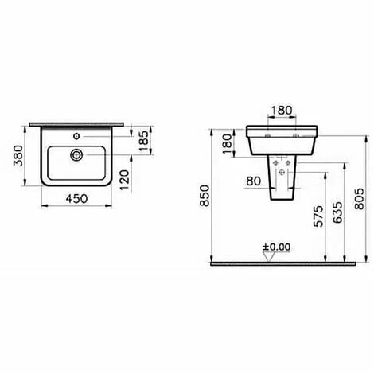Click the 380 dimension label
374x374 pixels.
click(x=19, y=156)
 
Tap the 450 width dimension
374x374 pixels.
click(x=76, y=199)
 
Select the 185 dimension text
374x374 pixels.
click(x=144, y=141)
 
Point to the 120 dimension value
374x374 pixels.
click(x=124, y=180)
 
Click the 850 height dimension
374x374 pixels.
click(x=205, y=196)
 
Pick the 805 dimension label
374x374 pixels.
click(x=360, y=199)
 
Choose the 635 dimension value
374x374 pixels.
click(x=337, y=212)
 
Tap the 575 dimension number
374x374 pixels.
click(x=318, y=216)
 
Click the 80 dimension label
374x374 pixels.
click(x=254, y=181)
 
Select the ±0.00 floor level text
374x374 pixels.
click(x=277, y=247)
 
